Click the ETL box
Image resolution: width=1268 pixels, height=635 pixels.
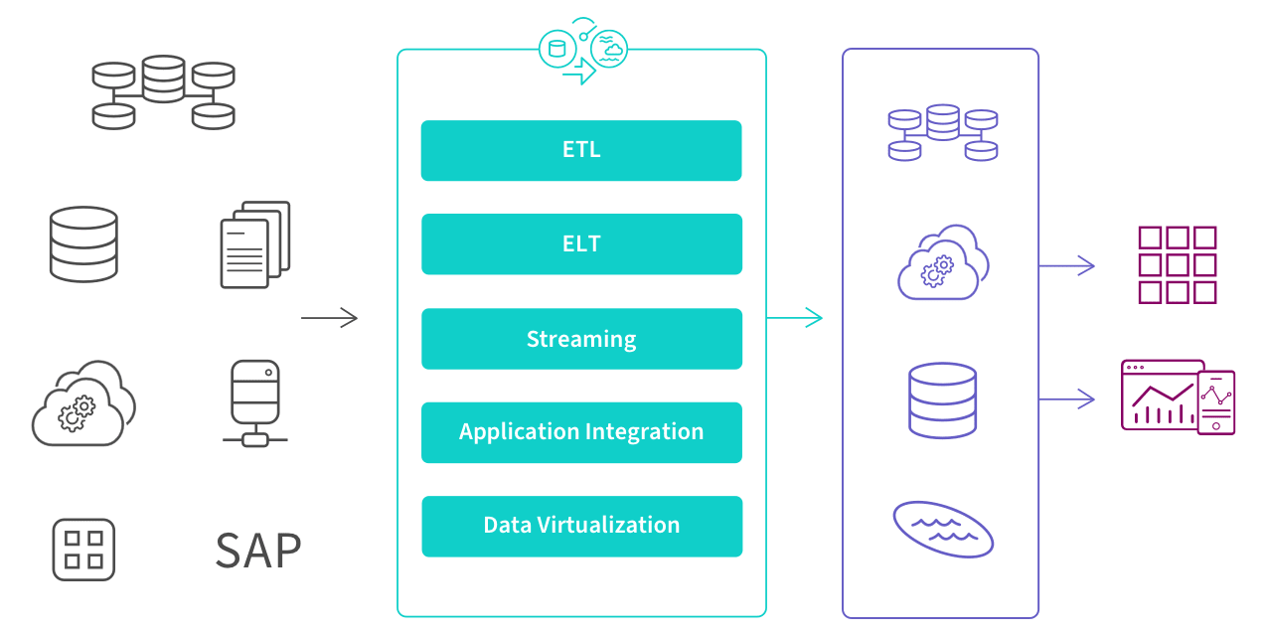click(x=581, y=151)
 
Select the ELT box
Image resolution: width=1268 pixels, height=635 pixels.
click(x=581, y=244)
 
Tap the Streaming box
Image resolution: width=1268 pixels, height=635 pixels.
click(x=581, y=339)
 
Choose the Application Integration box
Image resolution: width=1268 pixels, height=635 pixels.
click(x=581, y=432)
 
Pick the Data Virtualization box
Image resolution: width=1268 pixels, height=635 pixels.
click(x=581, y=526)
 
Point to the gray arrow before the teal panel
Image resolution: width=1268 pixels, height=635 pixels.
click(x=329, y=318)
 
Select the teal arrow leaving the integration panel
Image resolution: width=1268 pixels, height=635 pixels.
click(x=795, y=318)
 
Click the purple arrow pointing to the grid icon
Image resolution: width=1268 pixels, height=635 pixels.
click(x=1067, y=266)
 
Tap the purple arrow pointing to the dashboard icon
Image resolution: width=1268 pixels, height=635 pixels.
click(x=1067, y=399)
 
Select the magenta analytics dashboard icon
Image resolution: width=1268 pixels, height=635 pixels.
click(x=1178, y=397)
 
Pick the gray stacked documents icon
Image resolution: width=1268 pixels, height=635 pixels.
click(x=255, y=244)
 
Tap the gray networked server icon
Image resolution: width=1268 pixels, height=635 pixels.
click(x=255, y=402)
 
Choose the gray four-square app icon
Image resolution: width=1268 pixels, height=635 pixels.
click(x=83, y=550)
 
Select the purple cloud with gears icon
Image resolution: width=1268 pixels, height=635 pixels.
click(x=942, y=263)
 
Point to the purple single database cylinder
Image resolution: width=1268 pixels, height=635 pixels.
click(x=942, y=399)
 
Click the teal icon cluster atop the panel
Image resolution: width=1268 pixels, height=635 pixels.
click(x=583, y=52)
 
